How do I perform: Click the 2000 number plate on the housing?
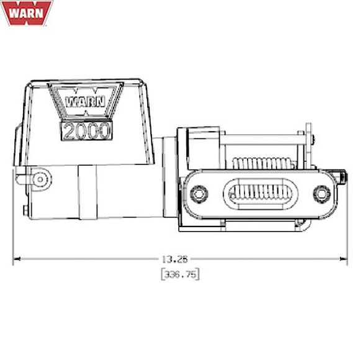pyautogui.click(x=86, y=130)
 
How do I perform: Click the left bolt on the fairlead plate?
pyautogui.click(x=198, y=194)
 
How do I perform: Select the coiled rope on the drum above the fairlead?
pyautogui.click(x=261, y=163)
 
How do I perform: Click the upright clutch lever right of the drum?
pyautogui.click(x=307, y=149)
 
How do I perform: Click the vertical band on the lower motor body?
pyautogui.click(x=88, y=194)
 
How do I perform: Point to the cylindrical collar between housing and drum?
pyautogui.click(x=168, y=180)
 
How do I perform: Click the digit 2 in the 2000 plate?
pyautogui.click(x=68, y=131)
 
